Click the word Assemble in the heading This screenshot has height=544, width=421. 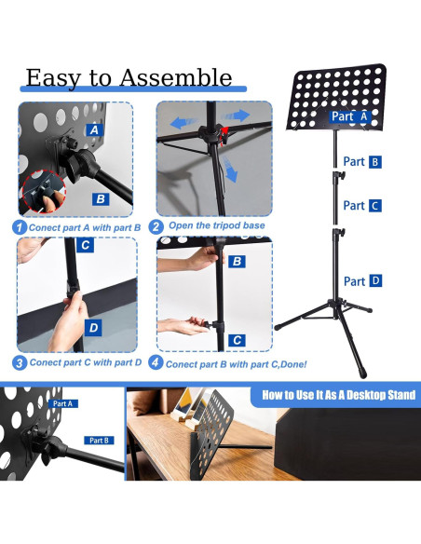176,77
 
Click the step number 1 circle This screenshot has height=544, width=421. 20,227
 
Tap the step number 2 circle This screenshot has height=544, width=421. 156,226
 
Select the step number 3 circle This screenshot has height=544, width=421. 20,363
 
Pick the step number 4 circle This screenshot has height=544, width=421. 156,362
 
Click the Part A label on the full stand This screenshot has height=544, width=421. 349,116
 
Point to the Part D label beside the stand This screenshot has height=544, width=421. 362,281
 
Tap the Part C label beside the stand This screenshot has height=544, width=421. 362,205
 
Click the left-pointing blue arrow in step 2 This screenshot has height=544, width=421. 183,123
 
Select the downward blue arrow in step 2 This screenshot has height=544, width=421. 230,169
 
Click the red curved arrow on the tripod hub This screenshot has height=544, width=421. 224,136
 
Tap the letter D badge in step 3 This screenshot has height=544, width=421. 93,328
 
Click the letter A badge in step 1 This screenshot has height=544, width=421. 94,130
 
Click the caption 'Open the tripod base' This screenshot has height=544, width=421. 217,225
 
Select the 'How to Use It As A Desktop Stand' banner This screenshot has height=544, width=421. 335,395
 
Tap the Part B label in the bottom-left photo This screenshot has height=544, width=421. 99,441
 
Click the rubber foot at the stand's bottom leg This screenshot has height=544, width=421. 362,374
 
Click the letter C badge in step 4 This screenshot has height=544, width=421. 238,340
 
